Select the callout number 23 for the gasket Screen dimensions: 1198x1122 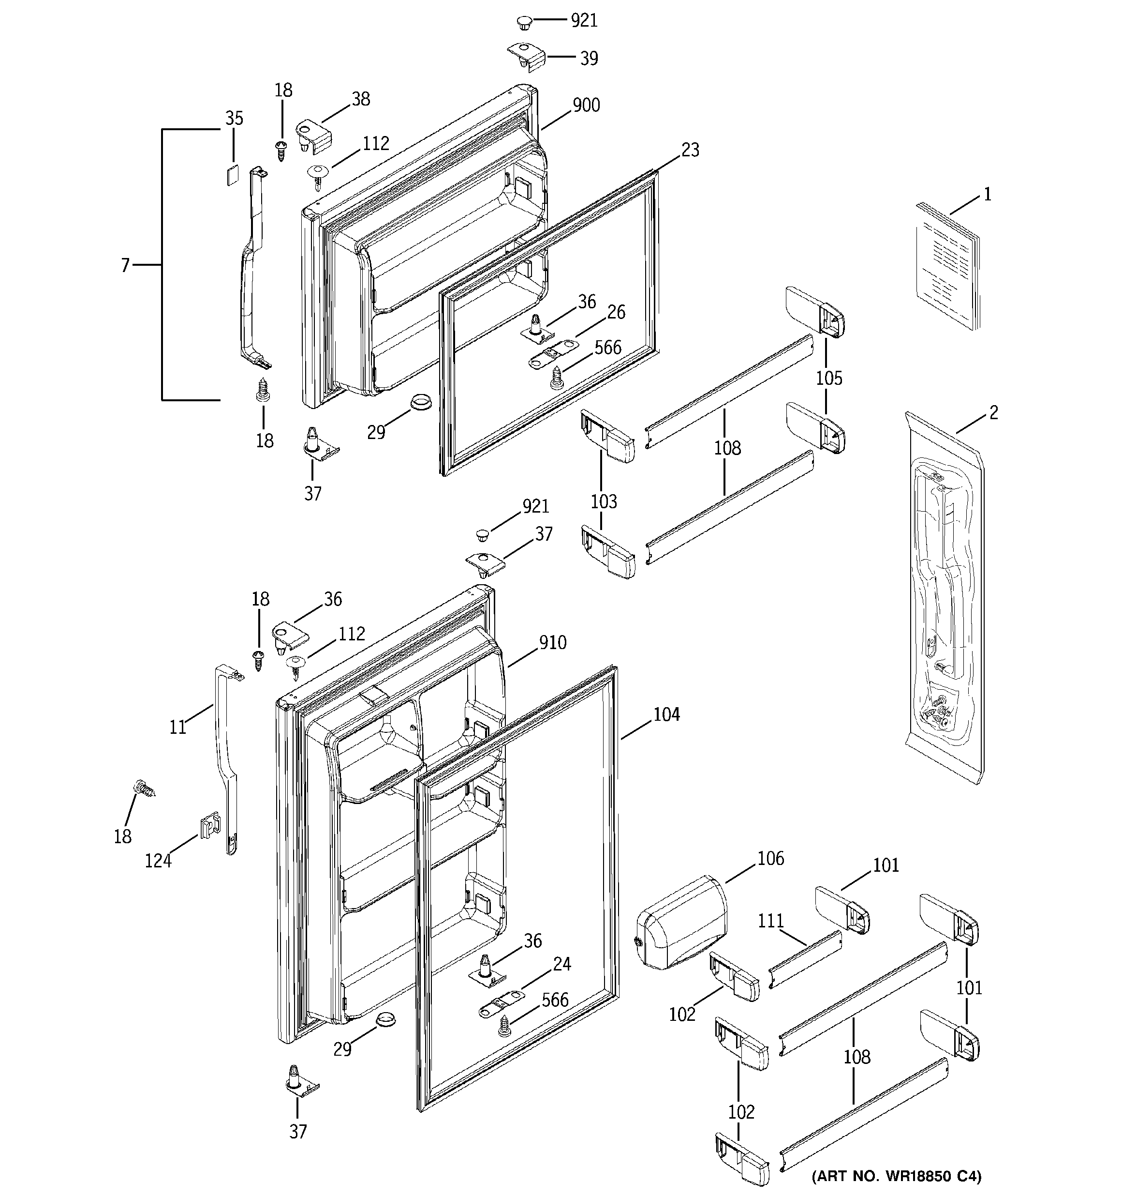coord(690,150)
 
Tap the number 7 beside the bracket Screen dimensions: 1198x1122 coord(125,265)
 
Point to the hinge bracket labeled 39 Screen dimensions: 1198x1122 coord(526,57)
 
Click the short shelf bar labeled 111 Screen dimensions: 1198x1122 coord(806,959)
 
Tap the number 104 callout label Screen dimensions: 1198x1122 coord(666,715)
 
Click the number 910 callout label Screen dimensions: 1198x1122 coord(552,643)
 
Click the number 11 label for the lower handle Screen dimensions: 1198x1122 coord(177,728)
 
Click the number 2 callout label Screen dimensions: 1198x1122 coord(993,413)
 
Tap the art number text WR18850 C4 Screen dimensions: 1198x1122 coord(896,1176)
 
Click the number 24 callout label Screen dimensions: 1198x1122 coord(561,964)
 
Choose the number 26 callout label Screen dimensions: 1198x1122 coord(616,312)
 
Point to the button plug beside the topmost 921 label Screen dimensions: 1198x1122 coord(524,23)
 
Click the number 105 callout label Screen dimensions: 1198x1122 coord(829,379)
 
